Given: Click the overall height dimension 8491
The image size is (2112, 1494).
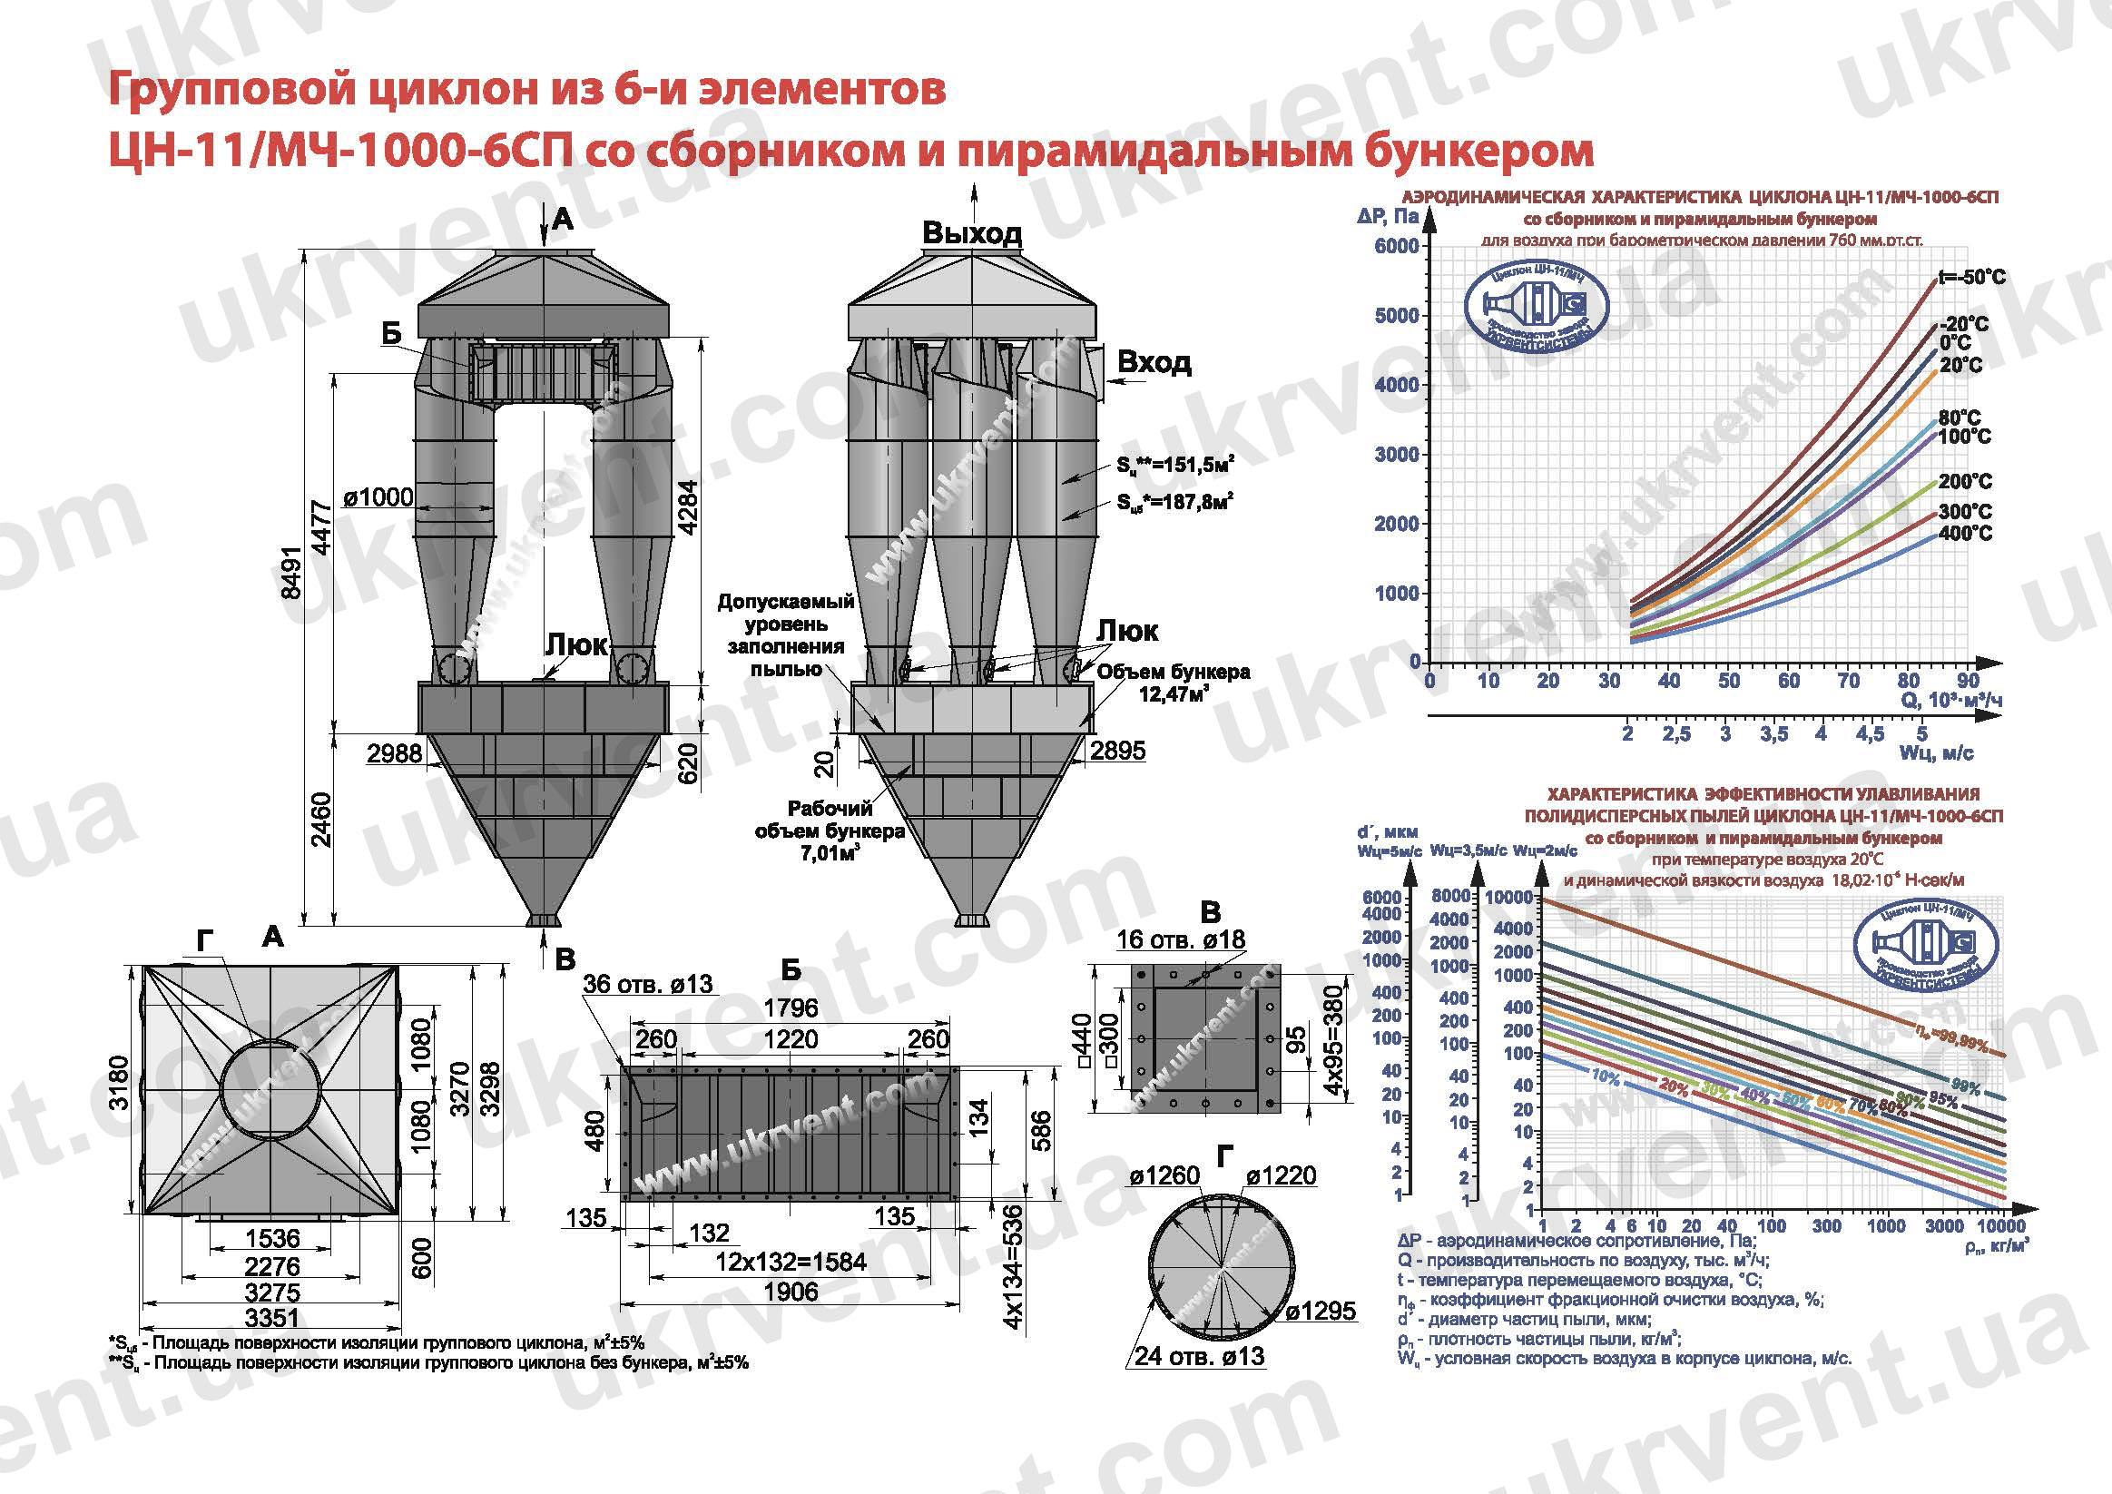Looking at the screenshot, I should click(291, 572).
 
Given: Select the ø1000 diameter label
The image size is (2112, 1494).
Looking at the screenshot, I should click(378, 497).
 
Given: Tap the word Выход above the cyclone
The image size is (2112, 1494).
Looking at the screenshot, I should click(971, 232).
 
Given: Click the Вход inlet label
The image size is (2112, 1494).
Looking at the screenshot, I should click(1154, 362).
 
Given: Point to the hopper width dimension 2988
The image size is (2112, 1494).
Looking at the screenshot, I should click(394, 753).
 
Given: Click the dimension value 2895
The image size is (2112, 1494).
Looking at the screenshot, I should click(1117, 751).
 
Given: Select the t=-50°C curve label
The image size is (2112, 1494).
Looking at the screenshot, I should click(1972, 277).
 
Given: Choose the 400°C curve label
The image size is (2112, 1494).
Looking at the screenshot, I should click(1965, 534).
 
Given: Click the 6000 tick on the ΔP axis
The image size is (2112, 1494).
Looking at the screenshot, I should click(1396, 246).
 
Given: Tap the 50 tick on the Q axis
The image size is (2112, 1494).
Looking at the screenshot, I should click(1728, 681).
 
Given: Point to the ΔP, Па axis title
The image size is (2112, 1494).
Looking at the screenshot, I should click(1387, 217).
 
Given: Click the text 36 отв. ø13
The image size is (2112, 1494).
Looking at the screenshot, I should click(648, 983).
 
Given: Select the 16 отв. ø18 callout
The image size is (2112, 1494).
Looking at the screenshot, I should click(1180, 939).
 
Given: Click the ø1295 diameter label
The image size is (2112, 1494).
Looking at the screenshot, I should click(1320, 1311).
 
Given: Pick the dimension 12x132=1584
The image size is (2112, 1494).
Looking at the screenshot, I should click(791, 1262).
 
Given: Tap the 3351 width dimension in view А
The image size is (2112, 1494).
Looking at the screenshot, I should click(272, 1317).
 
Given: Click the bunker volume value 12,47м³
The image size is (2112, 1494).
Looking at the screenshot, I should click(1173, 693).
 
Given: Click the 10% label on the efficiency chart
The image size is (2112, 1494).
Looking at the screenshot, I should click(1606, 1076).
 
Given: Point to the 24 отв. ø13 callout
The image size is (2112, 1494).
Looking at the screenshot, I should click(1199, 1356).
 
